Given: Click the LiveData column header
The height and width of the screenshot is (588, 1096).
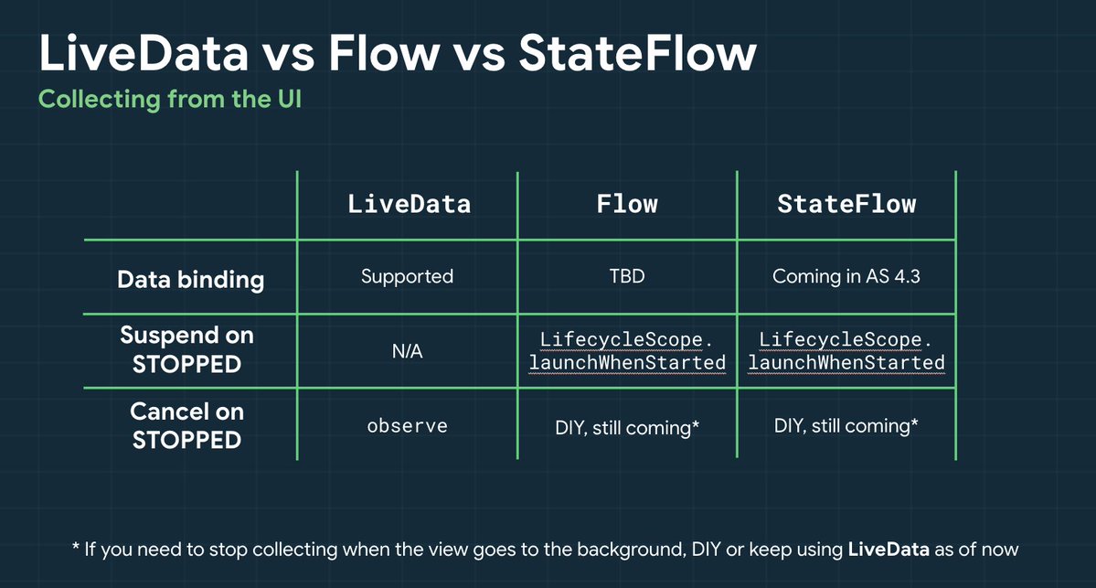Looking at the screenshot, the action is point(409,204).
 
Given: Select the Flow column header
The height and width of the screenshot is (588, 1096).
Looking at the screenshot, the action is point(627,204).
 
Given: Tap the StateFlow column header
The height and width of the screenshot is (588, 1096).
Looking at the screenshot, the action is point(846,204).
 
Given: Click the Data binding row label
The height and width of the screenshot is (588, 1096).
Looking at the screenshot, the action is point(190,280).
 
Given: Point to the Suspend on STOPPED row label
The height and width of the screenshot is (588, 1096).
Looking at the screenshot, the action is point(186,349).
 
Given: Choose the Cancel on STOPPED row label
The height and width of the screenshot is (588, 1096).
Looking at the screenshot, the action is point(186,425).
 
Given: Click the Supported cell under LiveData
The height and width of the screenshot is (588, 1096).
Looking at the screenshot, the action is point(407,277).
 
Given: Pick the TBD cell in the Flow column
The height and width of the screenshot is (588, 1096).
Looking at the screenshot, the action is point(627,276).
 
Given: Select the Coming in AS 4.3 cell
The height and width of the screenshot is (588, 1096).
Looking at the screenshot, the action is point(846,276).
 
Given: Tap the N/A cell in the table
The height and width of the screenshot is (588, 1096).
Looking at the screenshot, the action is point(407,351).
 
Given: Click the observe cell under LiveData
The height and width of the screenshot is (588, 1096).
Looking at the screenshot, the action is point(407,426).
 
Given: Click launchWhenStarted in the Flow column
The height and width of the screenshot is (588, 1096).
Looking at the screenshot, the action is point(627,363).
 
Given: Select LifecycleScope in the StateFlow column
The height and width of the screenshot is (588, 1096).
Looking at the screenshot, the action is point(840,339).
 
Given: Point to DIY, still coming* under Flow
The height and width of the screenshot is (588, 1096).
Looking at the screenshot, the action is point(627,428).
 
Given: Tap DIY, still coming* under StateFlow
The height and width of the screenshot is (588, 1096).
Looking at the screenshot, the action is point(846,426).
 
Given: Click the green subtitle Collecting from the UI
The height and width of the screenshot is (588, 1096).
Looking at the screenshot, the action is point(170,100).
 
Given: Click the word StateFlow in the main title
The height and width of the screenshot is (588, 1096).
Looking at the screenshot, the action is point(637,53).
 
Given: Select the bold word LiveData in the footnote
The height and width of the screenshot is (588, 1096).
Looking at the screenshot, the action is point(889,550).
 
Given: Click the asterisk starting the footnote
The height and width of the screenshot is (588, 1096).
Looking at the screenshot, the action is point(76,546).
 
